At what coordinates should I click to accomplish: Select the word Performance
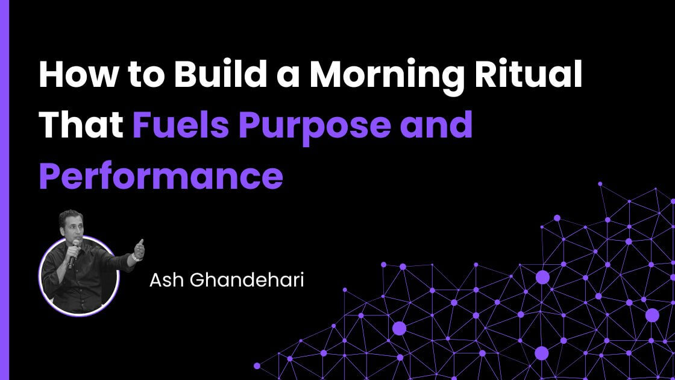[x=161, y=175]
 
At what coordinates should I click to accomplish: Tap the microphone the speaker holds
[x=73, y=252]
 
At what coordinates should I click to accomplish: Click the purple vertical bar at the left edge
[x=5, y=190]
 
